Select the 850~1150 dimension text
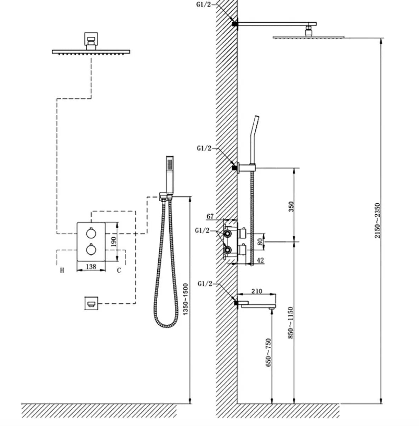(x=291, y=323)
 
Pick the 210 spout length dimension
(x=257, y=291)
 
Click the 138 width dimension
(x=91, y=266)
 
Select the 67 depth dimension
(x=210, y=216)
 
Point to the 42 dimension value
(x=260, y=260)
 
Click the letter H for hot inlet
(x=62, y=271)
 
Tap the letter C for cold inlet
(x=119, y=271)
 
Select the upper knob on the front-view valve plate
(x=91, y=233)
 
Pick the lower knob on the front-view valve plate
(x=91, y=250)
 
